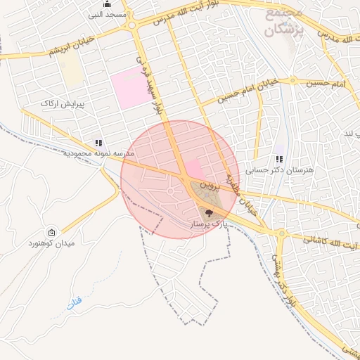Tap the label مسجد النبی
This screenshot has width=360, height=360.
[x=106, y=14]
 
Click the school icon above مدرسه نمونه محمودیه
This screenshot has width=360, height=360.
[x=98, y=143]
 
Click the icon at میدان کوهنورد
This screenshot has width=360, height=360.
[x=51, y=233]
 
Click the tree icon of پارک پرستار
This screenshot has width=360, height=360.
[x=207, y=212]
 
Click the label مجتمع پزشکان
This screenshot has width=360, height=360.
[x=283, y=22]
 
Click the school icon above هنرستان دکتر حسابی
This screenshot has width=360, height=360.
[x=279, y=160]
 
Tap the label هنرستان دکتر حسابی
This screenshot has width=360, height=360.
[x=279, y=170]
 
